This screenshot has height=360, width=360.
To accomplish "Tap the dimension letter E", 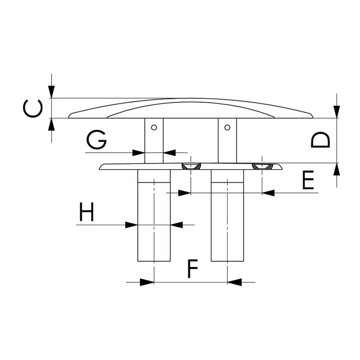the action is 308,180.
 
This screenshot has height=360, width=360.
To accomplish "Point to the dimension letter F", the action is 192,268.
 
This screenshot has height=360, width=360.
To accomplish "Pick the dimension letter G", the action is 96,140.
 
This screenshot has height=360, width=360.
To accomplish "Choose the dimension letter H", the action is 86,212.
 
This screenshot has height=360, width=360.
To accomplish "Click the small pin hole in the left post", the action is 154,127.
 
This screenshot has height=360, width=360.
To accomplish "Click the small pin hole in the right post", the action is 227,127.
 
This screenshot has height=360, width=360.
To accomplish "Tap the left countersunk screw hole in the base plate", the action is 191,166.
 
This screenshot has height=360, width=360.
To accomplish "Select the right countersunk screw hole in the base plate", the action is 262,166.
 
